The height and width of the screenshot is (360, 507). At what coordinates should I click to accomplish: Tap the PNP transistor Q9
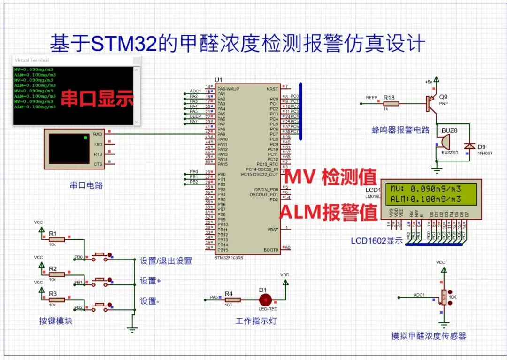431,104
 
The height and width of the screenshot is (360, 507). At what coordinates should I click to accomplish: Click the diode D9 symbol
468,146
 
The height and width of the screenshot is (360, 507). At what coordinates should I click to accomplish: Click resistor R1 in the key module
56,239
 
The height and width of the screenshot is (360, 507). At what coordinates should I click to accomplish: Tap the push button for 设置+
100,280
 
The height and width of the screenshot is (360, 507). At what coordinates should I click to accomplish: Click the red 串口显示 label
97,98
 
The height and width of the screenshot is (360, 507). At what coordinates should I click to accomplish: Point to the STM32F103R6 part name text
229,258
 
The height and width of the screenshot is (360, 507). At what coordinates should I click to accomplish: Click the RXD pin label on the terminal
98,134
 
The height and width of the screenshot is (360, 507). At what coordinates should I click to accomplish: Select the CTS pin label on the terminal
98,164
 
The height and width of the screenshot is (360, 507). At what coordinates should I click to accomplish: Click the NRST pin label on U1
272,89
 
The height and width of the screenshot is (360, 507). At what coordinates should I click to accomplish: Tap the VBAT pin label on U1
272,230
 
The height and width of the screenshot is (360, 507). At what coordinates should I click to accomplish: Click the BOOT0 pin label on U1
271,250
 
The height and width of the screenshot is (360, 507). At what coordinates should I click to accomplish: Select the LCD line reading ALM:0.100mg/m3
425,199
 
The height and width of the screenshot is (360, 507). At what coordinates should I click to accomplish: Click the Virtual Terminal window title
32,60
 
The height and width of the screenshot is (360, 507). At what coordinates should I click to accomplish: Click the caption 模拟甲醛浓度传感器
428,336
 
